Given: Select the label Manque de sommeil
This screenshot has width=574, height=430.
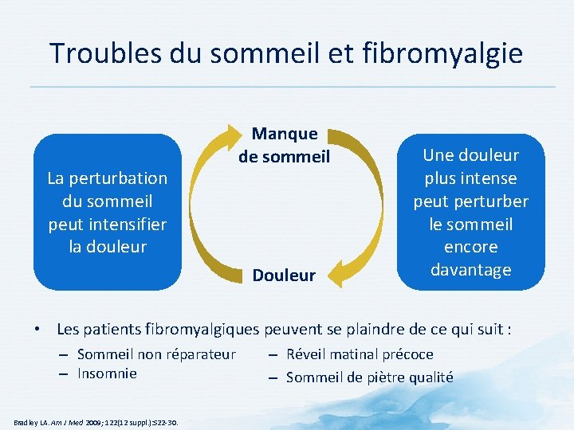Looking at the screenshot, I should coord(285,145).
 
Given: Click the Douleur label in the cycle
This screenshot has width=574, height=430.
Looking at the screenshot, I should coord(284,276).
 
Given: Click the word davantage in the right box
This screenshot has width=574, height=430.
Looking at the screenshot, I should coord(470,270).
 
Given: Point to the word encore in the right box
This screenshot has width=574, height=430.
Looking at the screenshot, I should coord(470,247).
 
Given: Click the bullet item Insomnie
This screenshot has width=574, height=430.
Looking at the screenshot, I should coord(107,373).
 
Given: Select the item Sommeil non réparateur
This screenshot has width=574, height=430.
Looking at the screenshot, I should coord(156,354).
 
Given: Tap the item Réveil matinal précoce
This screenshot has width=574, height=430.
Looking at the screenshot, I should coord(360,354).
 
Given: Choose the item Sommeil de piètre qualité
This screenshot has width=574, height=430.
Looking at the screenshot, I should coord(369,377).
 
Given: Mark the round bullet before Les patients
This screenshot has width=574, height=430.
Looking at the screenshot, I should coord(37,328).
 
